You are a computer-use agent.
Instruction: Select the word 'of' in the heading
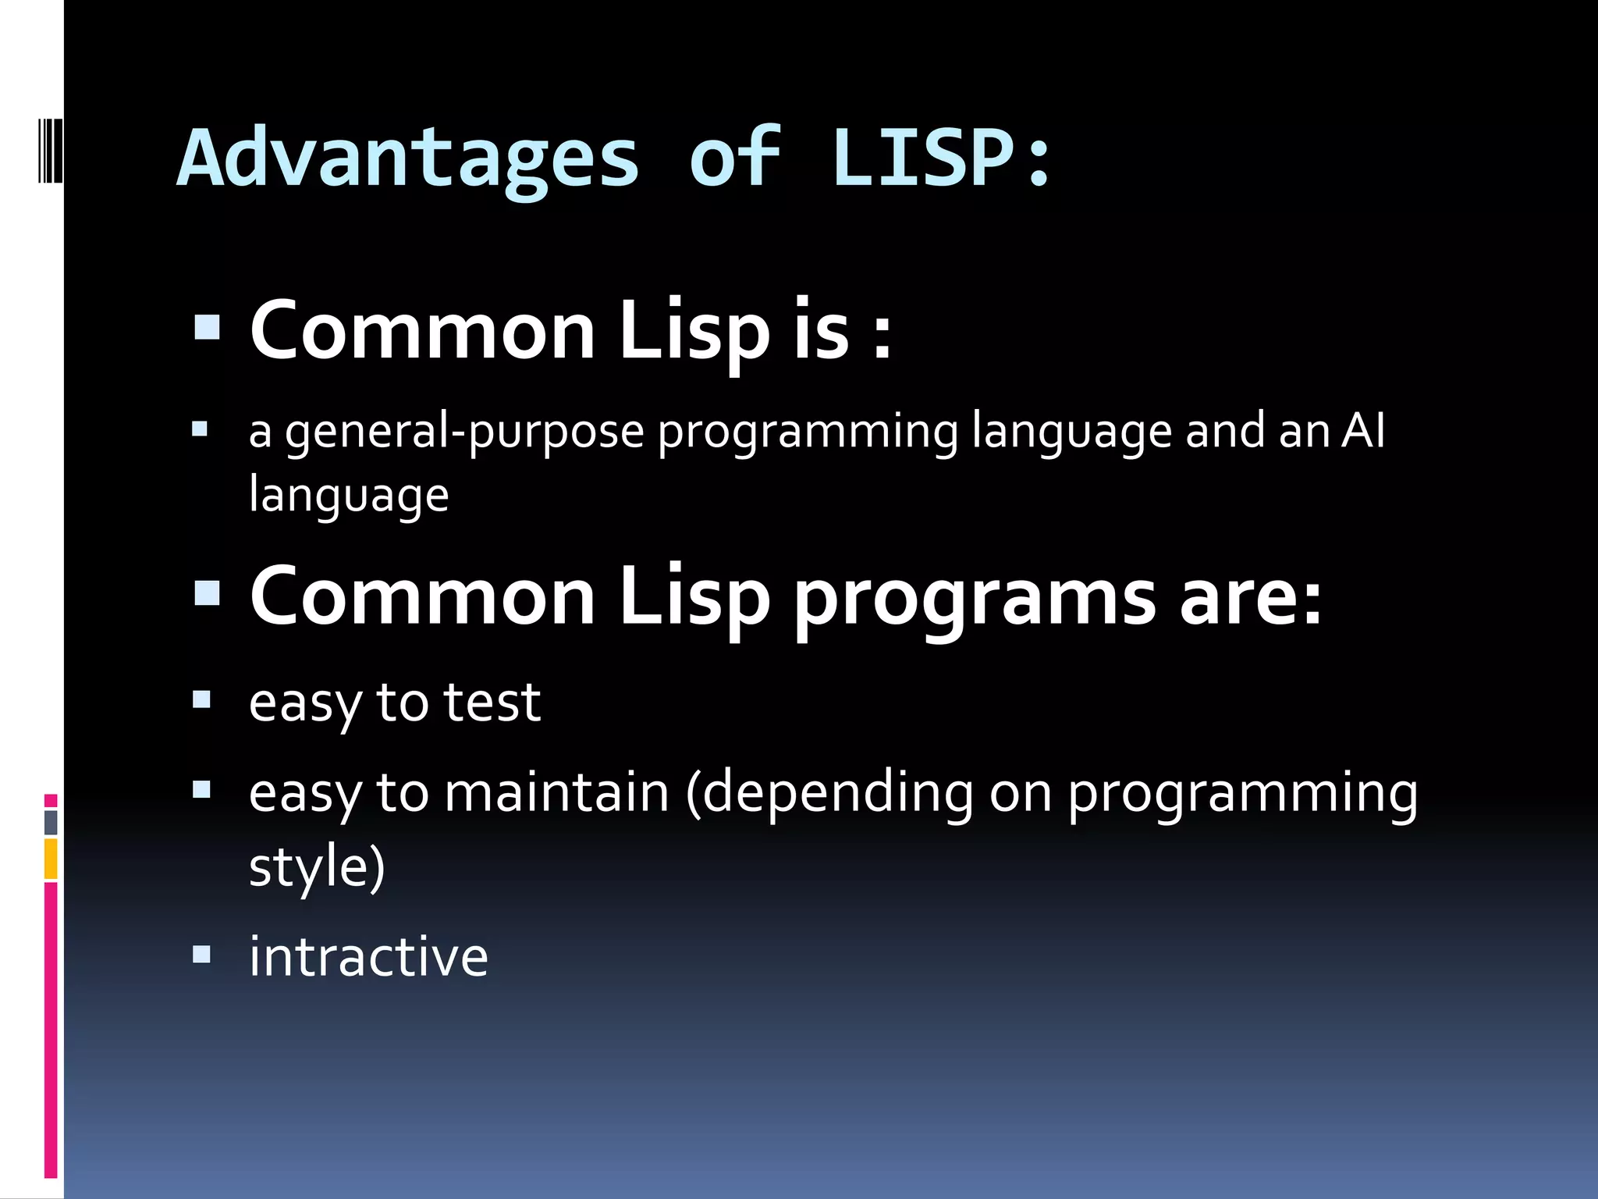[x=734, y=158]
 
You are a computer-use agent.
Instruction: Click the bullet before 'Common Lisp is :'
[x=207, y=328]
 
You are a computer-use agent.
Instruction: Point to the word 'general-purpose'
[x=464, y=432]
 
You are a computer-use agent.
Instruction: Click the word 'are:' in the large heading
[x=1251, y=598]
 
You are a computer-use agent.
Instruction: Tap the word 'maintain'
[x=556, y=792]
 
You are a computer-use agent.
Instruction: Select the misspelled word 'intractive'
[x=368, y=956]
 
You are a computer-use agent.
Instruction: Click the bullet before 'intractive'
[x=201, y=954]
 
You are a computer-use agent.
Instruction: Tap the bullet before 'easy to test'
[x=201, y=699]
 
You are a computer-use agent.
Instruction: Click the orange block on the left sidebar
[x=51, y=859]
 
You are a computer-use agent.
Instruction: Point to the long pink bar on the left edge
[x=51, y=1030]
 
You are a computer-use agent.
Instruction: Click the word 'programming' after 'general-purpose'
[x=808, y=432]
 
